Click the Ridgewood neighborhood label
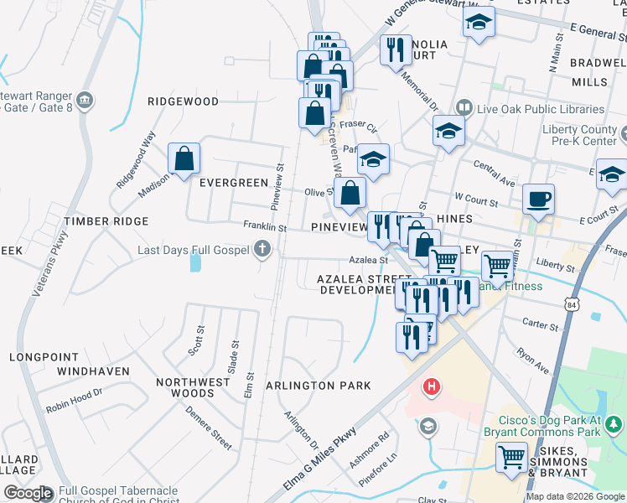tap(183, 101)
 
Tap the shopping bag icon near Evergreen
tap(184, 159)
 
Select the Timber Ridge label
tap(106, 221)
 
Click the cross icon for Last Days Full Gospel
tap(262, 249)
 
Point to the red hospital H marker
tap(431, 386)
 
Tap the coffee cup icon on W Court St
tap(538, 200)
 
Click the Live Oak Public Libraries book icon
tap(464, 108)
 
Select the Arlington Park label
tap(318, 386)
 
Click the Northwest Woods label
tap(193, 387)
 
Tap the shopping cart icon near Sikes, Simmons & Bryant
tap(511, 458)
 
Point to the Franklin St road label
tap(265, 227)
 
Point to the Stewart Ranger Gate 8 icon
tap(85, 101)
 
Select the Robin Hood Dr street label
tap(74, 398)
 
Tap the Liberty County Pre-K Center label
tap(579, 135)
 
